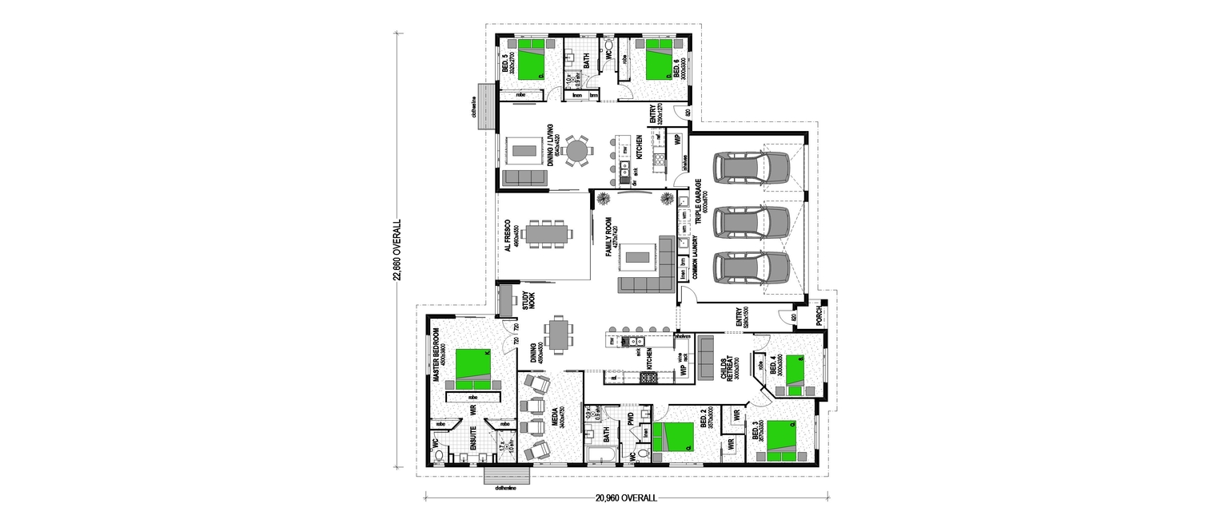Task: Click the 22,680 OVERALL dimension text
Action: click(x=397, y=252)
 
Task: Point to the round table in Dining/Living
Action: click(x=576, y=151)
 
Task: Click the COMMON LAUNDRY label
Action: click(x=696, y=263)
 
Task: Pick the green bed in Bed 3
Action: click(x=780, y=441)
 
